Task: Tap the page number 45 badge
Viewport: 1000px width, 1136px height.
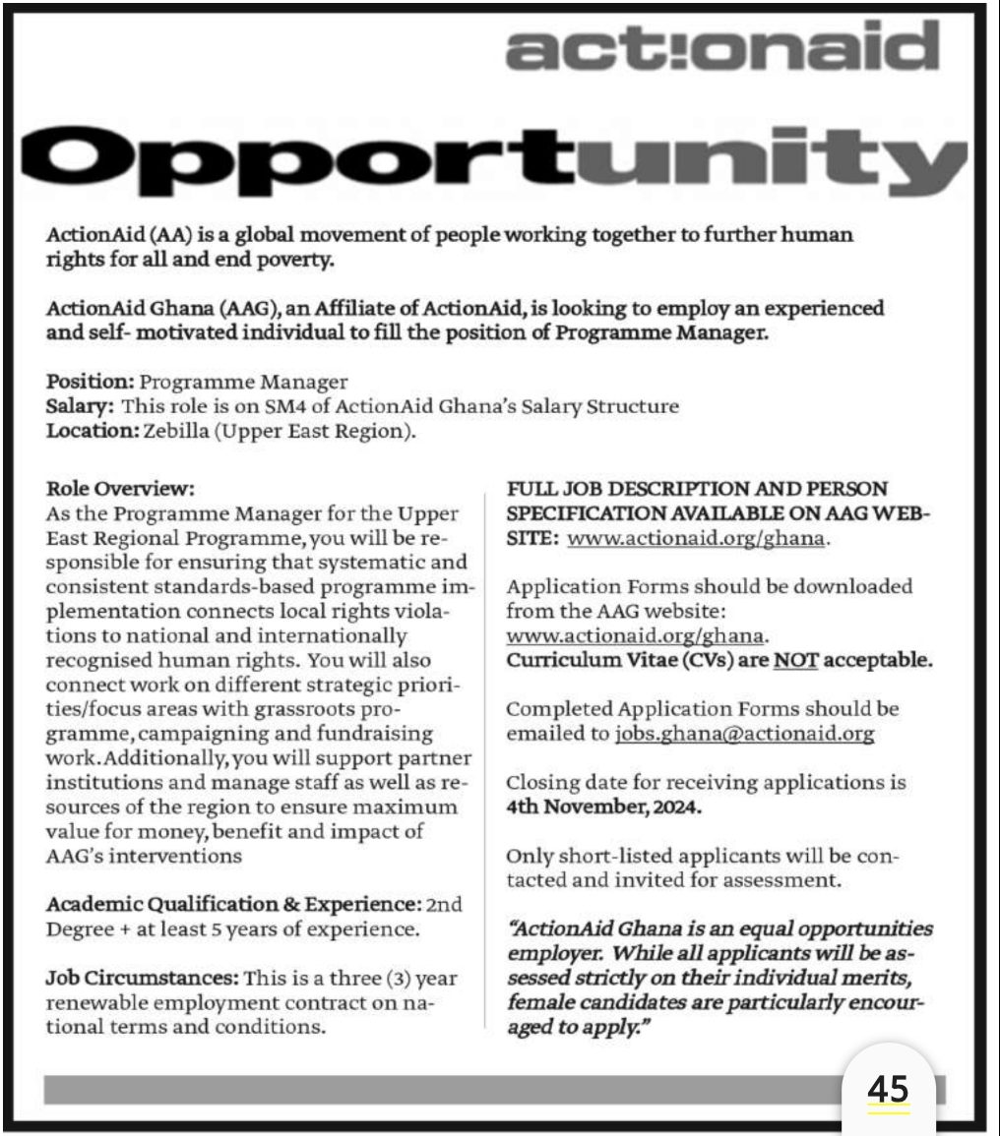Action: tap(888, 1090)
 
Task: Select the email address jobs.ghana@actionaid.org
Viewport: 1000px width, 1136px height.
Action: tap(744, 734)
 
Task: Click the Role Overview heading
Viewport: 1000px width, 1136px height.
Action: tap(121, 488)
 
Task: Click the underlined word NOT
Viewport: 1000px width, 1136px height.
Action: tap(794, 660)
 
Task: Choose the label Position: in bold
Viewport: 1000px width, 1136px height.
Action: tap(91, 382)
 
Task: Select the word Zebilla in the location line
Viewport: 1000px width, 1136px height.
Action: tap(177, 431)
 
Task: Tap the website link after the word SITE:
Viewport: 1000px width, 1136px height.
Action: tap(699, 538)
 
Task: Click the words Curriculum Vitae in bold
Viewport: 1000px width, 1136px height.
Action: tap(582, 660)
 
